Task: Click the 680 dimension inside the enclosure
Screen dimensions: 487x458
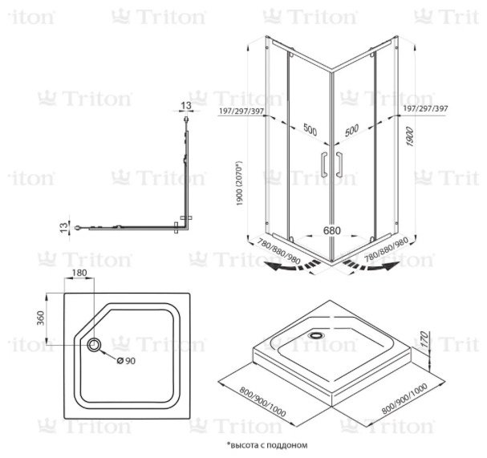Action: click(x=331, y=231)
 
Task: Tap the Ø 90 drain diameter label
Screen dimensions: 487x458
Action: click(x=126, y=360)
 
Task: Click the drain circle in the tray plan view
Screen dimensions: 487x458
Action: click(x=94, y=345)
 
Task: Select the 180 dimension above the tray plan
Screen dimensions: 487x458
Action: click(x=79, y=273)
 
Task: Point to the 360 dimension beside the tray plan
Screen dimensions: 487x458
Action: click(x=41, y=318)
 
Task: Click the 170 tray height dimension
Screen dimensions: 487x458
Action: click(x=424, y=338)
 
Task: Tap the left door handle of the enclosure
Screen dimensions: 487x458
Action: click(x=324, y=164)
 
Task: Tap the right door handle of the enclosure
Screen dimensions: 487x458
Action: click(x=339, y=164)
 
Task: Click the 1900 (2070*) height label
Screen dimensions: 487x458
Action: click(x=239, y=183)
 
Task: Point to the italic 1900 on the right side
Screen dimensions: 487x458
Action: click(x=410, y=137)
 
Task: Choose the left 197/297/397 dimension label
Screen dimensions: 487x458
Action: click(x=241, y=111)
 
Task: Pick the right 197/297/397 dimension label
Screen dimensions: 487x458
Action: click(x=425, y=108)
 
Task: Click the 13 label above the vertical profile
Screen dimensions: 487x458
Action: click(x=185, y=106)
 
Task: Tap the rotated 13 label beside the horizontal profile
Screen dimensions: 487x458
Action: click(x=63, y=228)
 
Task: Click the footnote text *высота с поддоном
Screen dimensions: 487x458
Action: click(x=267, y=445)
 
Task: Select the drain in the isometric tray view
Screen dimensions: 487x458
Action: click(x=316, y=335)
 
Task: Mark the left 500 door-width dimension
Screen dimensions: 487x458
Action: click(x=310, y=130)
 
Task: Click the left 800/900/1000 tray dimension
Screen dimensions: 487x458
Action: click(x=262, y=401)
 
